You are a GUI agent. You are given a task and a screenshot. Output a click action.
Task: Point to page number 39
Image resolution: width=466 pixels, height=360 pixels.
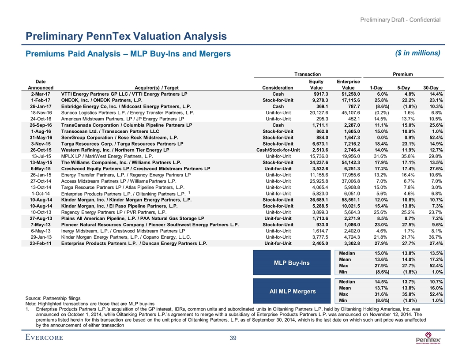click(x=233, y=338)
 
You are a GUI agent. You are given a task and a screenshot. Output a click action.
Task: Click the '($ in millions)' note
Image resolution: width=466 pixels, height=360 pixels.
click(x=418, y=53)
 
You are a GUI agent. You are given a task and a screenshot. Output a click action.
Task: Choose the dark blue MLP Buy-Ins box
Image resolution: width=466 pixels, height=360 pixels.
click(x=292, y=263)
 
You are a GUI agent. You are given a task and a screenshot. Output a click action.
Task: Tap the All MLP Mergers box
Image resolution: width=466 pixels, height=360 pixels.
click(x=292, y=291)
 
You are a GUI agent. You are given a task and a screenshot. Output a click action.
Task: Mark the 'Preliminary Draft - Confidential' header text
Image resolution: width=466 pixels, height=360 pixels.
click(x=401, y=19)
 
